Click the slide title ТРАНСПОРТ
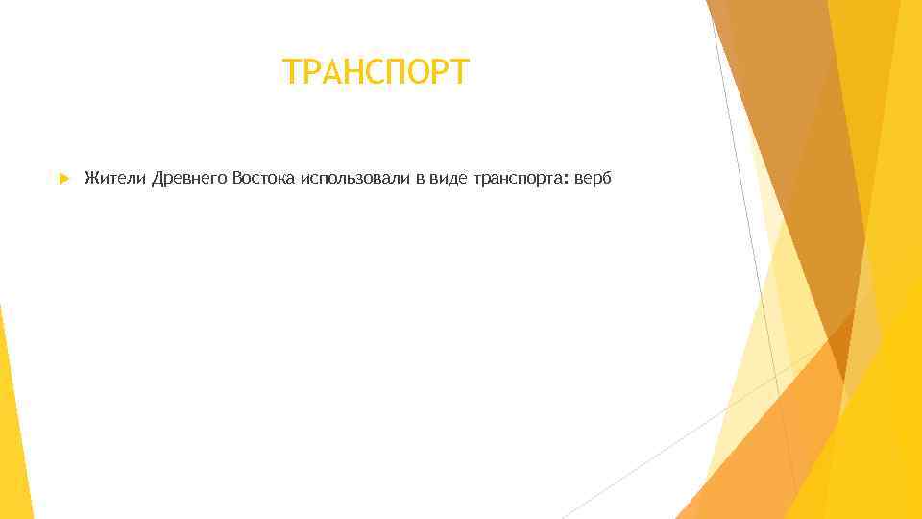376,72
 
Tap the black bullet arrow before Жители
62,179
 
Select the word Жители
114,179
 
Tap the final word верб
594,179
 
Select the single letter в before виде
420,180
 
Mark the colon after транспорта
567,181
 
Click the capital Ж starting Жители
91,179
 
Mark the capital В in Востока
236,179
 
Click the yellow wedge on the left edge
14,423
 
